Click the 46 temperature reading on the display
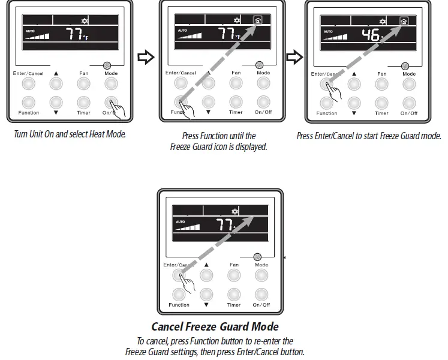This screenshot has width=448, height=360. pos(371,34)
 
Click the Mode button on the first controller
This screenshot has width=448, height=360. pos(111,85)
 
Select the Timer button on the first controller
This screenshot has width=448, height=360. pos(83,101)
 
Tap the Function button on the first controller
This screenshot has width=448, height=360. pos(28,101)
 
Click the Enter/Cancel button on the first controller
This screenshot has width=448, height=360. pos(28,85)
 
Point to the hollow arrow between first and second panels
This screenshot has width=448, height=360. pos(146,58)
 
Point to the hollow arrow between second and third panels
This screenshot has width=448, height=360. pos(293,58)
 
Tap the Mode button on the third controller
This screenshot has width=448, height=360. pos(409,85)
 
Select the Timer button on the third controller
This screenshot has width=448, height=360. pos(381,103)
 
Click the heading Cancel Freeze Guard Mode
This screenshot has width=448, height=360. pos(215,327)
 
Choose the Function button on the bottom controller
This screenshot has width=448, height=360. pos(179,294)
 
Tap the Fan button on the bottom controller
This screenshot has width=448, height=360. pos(234,275)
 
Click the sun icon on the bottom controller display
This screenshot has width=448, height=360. pos(235,212)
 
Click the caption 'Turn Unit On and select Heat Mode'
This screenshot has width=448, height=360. pos(70,134)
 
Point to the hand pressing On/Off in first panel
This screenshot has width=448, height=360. pos(118,110)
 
